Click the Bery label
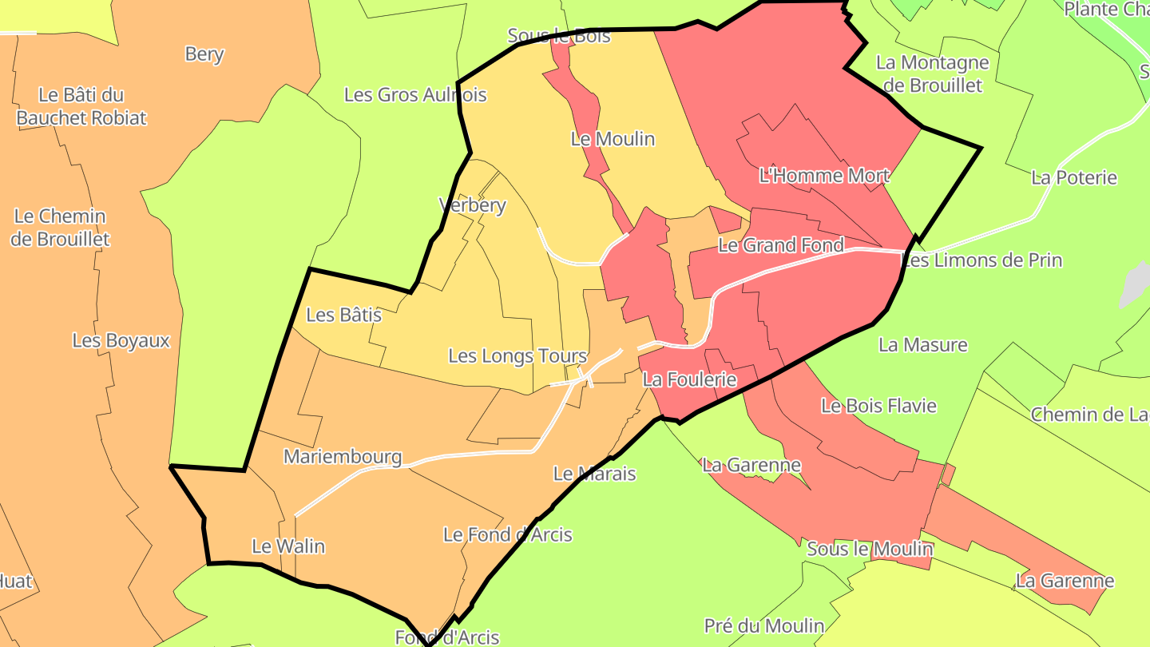tap(204, 54)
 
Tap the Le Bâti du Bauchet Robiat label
tap(81, 106)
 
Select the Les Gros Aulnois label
tap(415, 94)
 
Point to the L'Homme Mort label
tap(824, 175)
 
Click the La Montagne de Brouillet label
tap(932, 73)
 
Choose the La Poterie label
tap(1073, 177)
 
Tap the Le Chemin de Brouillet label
tap(60, 228)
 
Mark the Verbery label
tap(473, 205)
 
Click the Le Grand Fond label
tap(780, 245)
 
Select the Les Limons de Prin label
tap(981, 260)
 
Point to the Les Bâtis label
tap(343, 315)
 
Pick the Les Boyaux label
tap(121, 340)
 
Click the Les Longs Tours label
tap(517, 356)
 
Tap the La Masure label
tap(922, 344)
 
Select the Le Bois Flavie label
tap(878, 406)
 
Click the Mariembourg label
tap(343, 457)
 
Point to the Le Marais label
tap(594, 474)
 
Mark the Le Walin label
tap(288, 546)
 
